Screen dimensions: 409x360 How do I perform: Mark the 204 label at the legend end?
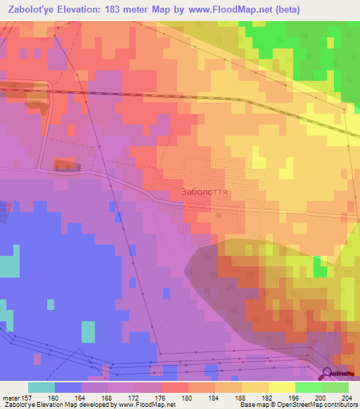pos(345,398)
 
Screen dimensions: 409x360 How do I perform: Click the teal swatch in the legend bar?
pos(41,387)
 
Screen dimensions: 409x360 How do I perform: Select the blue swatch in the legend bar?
pos(68,387)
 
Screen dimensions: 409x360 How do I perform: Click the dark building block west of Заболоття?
pos(64,164)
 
